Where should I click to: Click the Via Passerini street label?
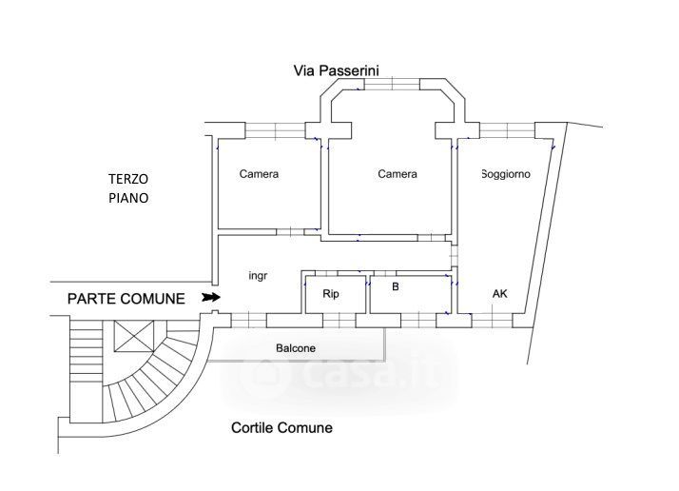pos(336,70)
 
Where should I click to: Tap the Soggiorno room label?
pos(506,174)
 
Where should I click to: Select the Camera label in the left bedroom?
pos(259,174)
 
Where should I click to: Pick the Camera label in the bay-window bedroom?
pos(398,174)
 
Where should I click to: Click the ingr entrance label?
pos(258,276)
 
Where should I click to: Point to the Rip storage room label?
pos(331,294)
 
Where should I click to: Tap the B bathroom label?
pos(396,286)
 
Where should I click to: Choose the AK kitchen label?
pos(499,294)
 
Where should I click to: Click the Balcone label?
pos(296,348)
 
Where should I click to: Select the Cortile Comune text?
pos(281,428)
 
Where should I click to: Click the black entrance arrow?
pos(211,297)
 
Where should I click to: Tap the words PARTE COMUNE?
pos(126,299)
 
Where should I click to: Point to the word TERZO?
pos(128,179)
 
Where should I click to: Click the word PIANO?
pos(128,198)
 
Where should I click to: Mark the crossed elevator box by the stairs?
pos(134,336)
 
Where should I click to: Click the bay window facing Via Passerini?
pos(392,84)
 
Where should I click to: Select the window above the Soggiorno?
pos(507,130)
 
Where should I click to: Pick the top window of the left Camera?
pos(276,130)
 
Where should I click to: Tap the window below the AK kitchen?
pos(492,321)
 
